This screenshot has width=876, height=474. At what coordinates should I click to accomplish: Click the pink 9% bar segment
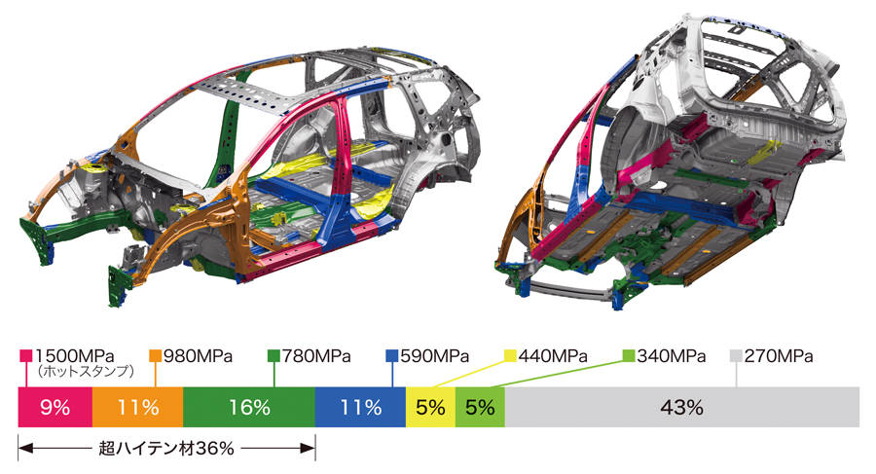(x=55, y=407)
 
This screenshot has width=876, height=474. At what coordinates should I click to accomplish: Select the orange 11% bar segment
(x=137, y=407)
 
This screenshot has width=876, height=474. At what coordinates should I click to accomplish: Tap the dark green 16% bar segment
(x=248, y=407)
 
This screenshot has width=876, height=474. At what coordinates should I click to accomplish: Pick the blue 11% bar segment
(x=360, y=407)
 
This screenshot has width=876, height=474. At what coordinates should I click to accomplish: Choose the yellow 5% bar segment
(x=431, y=407)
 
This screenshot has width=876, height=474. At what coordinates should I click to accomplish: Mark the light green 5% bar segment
(x=481, y=407)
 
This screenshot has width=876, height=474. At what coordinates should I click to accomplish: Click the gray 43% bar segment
(x=682, y=407)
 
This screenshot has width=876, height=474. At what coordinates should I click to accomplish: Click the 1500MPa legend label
(x=75, y=356)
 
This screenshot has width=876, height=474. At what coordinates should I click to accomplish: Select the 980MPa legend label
(x=198, y=356)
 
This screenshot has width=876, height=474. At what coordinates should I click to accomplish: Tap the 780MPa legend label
(x=316, y=356)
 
